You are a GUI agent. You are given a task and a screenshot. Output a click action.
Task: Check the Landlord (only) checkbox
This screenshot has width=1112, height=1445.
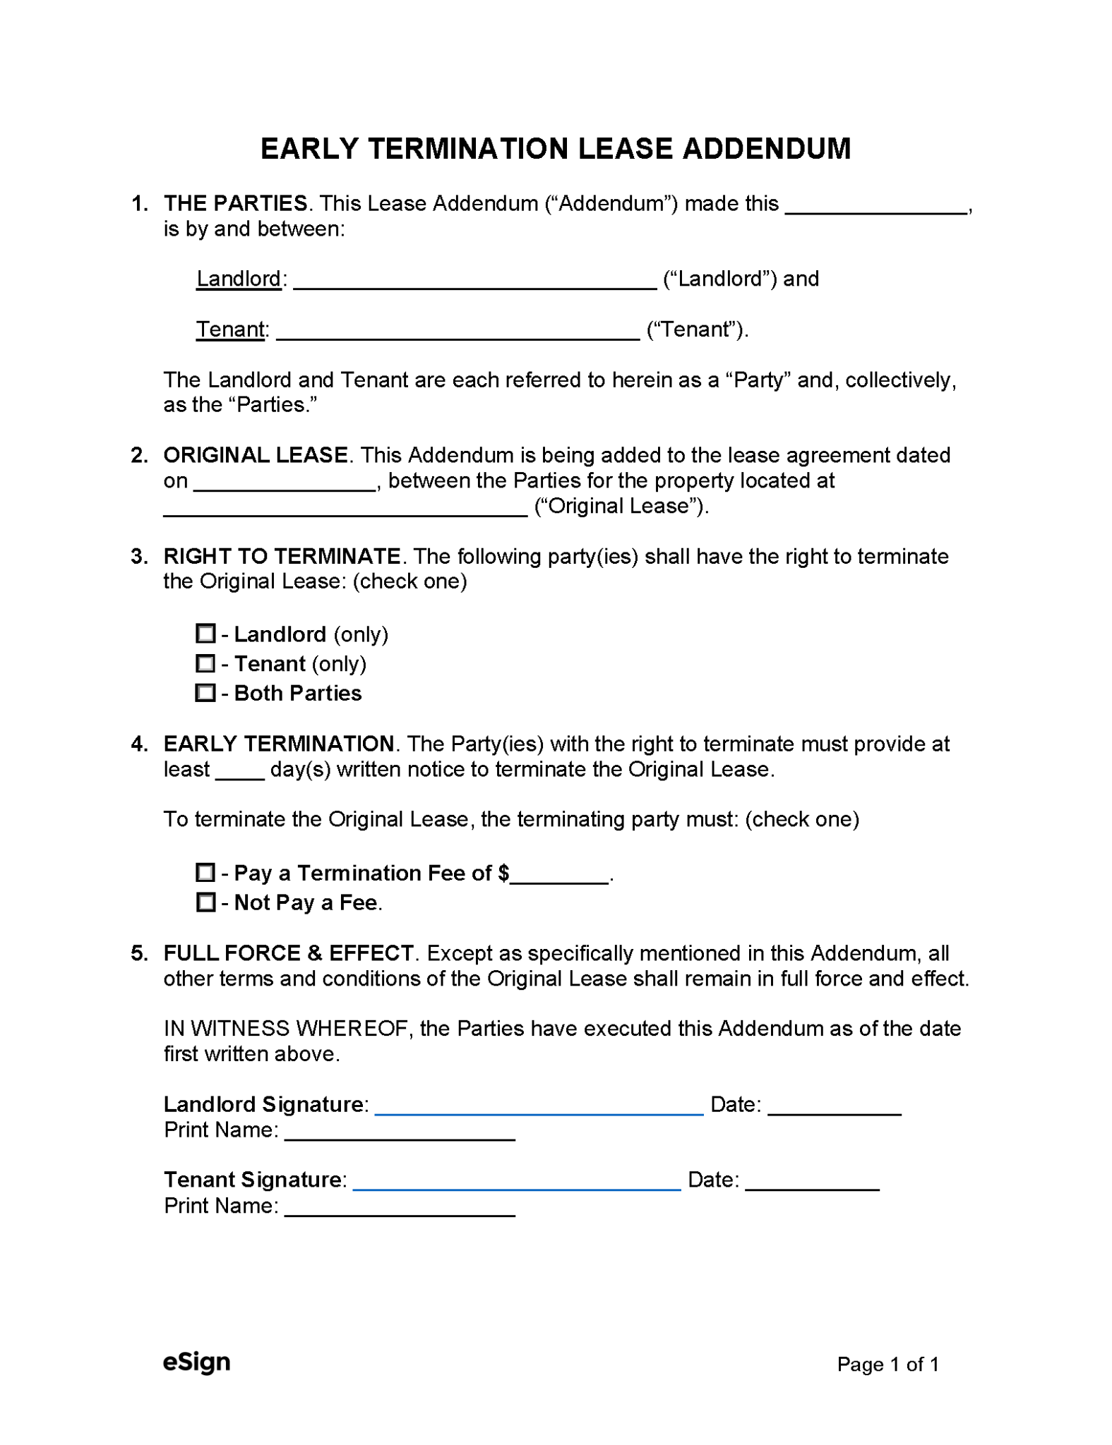point(205,633)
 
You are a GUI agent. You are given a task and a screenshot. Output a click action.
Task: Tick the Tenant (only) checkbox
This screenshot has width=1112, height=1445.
point(205,663)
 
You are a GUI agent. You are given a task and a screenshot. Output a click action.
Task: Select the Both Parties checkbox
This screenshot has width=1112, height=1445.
point(205,692)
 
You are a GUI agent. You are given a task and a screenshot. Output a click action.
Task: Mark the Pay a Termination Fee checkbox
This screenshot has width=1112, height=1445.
point(205,872)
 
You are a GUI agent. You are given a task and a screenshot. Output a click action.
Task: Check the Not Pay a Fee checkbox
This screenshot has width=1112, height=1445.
point(205,902)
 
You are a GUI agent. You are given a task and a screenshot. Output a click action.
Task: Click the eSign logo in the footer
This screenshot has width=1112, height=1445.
point(196,1361)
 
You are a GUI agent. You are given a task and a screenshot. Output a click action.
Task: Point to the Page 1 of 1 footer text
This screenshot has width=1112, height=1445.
point(887,1364)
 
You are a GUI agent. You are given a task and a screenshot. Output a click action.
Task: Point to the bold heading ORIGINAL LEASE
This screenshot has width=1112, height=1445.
point(256,455)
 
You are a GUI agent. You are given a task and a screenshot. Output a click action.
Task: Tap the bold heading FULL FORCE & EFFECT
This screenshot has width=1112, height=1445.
point(288,953)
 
